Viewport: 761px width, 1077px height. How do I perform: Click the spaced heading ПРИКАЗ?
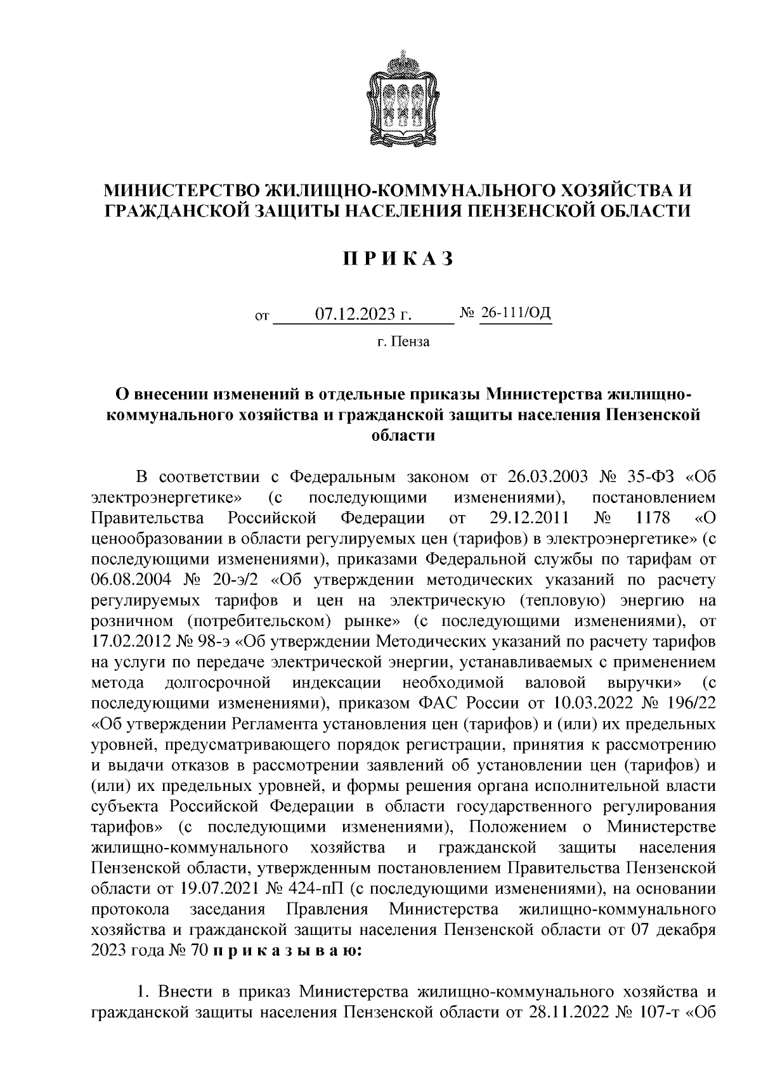click(x=399, y=259)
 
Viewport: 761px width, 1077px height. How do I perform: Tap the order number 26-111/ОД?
click(x=516, y=313)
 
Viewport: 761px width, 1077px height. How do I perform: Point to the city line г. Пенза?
click(x=403, y=342)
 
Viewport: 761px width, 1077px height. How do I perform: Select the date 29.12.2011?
click(x=532, y=518)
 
